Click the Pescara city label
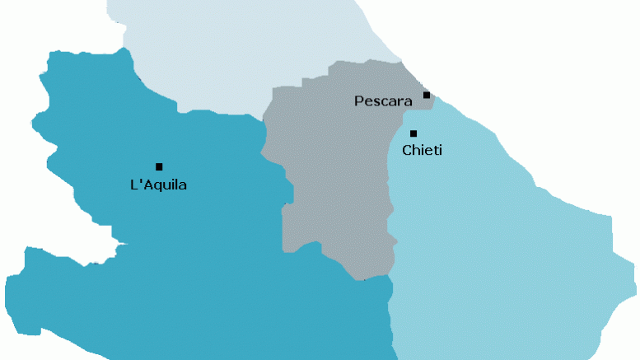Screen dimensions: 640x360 [383, 101]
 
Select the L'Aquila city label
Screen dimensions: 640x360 [159, 185]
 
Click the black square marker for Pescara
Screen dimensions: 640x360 [427, 96]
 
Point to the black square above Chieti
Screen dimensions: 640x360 [413, 133]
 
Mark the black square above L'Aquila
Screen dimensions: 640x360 [159, 166]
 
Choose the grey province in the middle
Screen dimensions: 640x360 [329, 181]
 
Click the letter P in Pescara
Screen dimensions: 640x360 [358, 101]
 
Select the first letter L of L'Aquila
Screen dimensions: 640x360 [134, 185]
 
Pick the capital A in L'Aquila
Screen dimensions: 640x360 [147, 185]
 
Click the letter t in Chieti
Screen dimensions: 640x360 [434, 150]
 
